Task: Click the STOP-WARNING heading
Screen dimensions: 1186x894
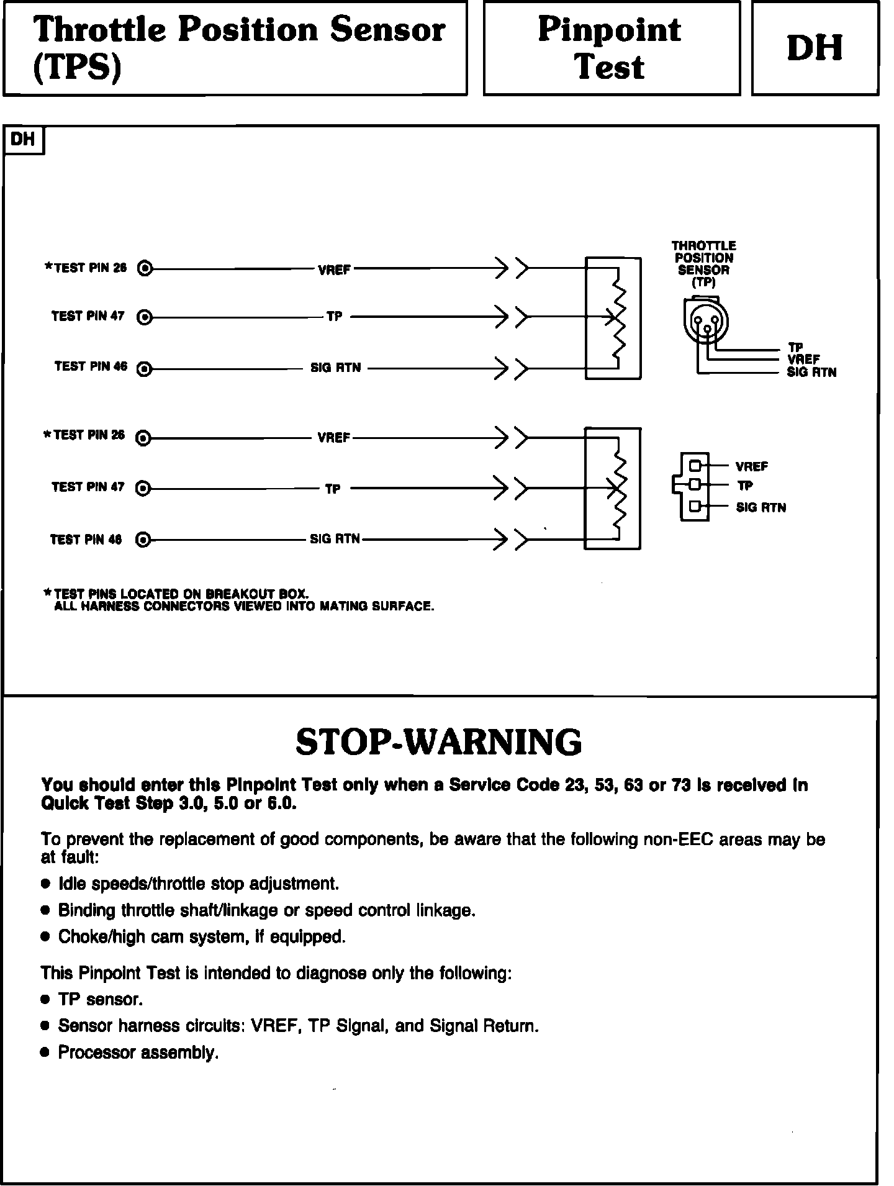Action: click(x=438, y=741)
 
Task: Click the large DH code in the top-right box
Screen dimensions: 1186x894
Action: click(x=814, y=48)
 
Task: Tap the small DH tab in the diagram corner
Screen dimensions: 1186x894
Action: click(x=23, y=139)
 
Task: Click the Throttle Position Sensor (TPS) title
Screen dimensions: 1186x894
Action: click(x=238, y=48)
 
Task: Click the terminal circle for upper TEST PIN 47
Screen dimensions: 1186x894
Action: click(x=145, y=317)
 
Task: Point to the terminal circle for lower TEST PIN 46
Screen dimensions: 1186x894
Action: click(x=143, y=540)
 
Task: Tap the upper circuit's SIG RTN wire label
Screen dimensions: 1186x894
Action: click(x=335, y=368)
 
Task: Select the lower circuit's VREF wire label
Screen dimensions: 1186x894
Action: click(x=333, y=438)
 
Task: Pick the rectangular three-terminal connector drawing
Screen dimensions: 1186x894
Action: click(x=694, y=486)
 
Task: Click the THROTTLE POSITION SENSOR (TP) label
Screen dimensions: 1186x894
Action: click(x=703, y=264)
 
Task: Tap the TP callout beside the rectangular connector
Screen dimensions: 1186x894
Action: click(x=745, y=486)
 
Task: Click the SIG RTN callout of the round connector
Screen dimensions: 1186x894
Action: click(x=811, y=373)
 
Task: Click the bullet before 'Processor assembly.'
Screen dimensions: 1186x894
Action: click(x=44, y=1052)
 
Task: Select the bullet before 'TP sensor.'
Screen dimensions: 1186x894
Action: click(x=44, y=999)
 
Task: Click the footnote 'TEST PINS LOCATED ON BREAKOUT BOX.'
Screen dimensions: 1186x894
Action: click(x=181, y=594)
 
